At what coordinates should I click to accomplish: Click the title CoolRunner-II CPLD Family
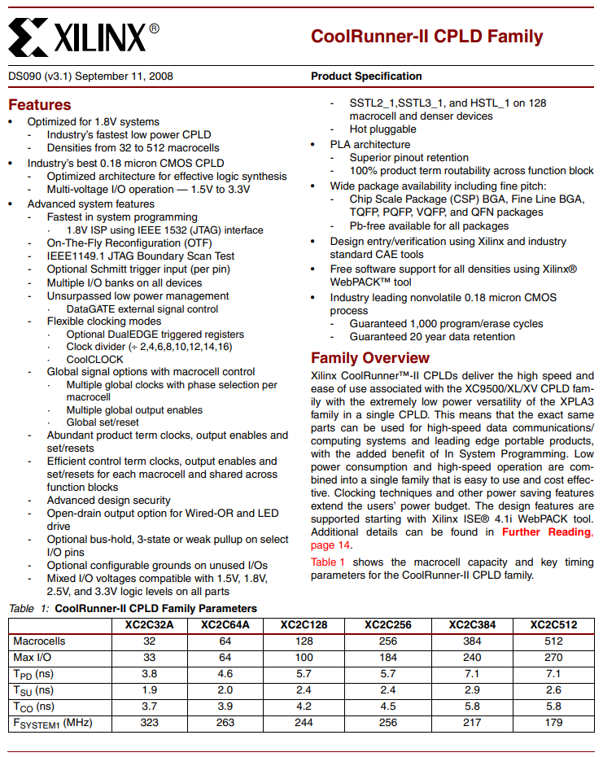(x=426, y=37)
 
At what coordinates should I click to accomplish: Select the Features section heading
(x=39, y=105)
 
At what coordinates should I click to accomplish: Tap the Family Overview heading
(x=370, y=358)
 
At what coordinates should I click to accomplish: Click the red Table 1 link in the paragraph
(x=327, y=562)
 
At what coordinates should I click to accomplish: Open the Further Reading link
(x=547, y=532)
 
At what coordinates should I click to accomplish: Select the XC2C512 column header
(x=553, y=624)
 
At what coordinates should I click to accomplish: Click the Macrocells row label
(x=39, y=641)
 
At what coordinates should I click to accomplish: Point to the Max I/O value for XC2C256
(x=388, y=657)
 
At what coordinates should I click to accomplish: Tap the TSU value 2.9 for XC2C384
(x=472, y=689)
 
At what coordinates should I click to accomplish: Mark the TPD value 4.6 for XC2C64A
(x=225, y=673)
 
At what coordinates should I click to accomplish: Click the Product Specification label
(x=366, y=77)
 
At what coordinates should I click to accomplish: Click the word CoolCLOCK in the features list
(x=95, y=359)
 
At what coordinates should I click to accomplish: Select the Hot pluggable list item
(x=382, y=129)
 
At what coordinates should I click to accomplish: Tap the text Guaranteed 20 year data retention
(x=432, y=336)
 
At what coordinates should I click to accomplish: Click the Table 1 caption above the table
(x=133, y=608)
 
